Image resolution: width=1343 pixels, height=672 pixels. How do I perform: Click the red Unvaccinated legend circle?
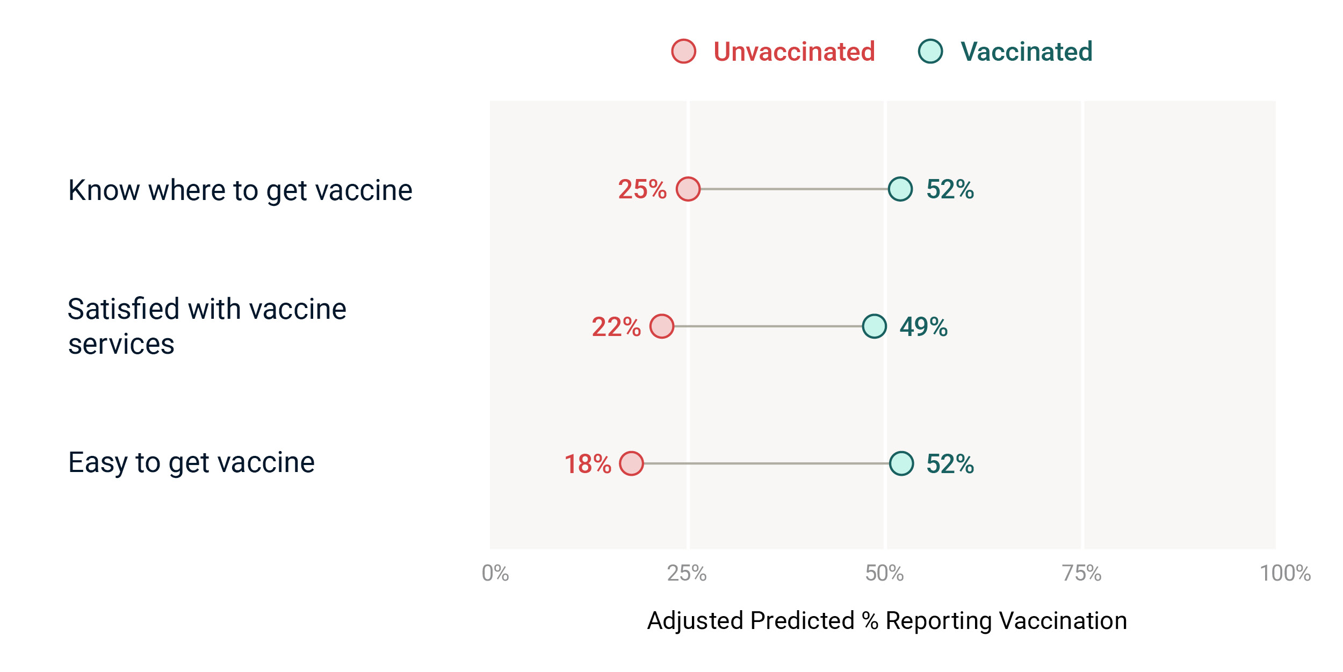[x=684, y=52]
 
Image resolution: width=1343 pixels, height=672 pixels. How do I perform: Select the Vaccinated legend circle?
[x=930, y=52]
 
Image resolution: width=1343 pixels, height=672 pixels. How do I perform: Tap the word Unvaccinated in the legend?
[x=795, y=52]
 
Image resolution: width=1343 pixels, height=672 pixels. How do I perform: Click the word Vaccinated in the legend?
[x=1027, y=52]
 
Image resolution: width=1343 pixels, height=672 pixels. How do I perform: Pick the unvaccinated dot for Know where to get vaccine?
[x=688, y=189]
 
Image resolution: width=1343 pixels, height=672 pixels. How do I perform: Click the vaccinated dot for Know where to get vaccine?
[x=900, y=189]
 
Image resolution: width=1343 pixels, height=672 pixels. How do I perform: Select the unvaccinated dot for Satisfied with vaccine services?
[x=662, y=326]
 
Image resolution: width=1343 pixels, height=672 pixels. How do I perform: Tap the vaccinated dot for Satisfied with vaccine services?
[x=875, y=326]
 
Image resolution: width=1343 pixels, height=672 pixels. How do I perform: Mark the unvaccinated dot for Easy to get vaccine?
[x=631, y=463]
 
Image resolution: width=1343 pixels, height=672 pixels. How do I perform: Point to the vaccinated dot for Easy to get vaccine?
[x=901, y=463]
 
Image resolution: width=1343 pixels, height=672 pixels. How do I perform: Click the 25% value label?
[x=642, y=189]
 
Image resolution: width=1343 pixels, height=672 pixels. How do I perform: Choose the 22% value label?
[x=617, y=327]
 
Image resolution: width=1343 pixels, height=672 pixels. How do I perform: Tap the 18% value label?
[x=588, y=464]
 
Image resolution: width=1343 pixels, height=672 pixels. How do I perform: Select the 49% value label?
[x=924, y=327]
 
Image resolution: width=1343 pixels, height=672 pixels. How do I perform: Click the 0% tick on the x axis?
[x=495, y=574]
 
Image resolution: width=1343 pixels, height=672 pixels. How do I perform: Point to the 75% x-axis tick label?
[x=1082, y=574]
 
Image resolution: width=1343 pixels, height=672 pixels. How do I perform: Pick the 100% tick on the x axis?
[x=1286, y=574]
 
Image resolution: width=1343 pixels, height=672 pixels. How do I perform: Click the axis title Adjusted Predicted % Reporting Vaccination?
[x=887, y=621]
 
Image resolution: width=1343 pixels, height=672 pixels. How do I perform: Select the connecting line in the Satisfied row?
[x=768, y=326]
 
